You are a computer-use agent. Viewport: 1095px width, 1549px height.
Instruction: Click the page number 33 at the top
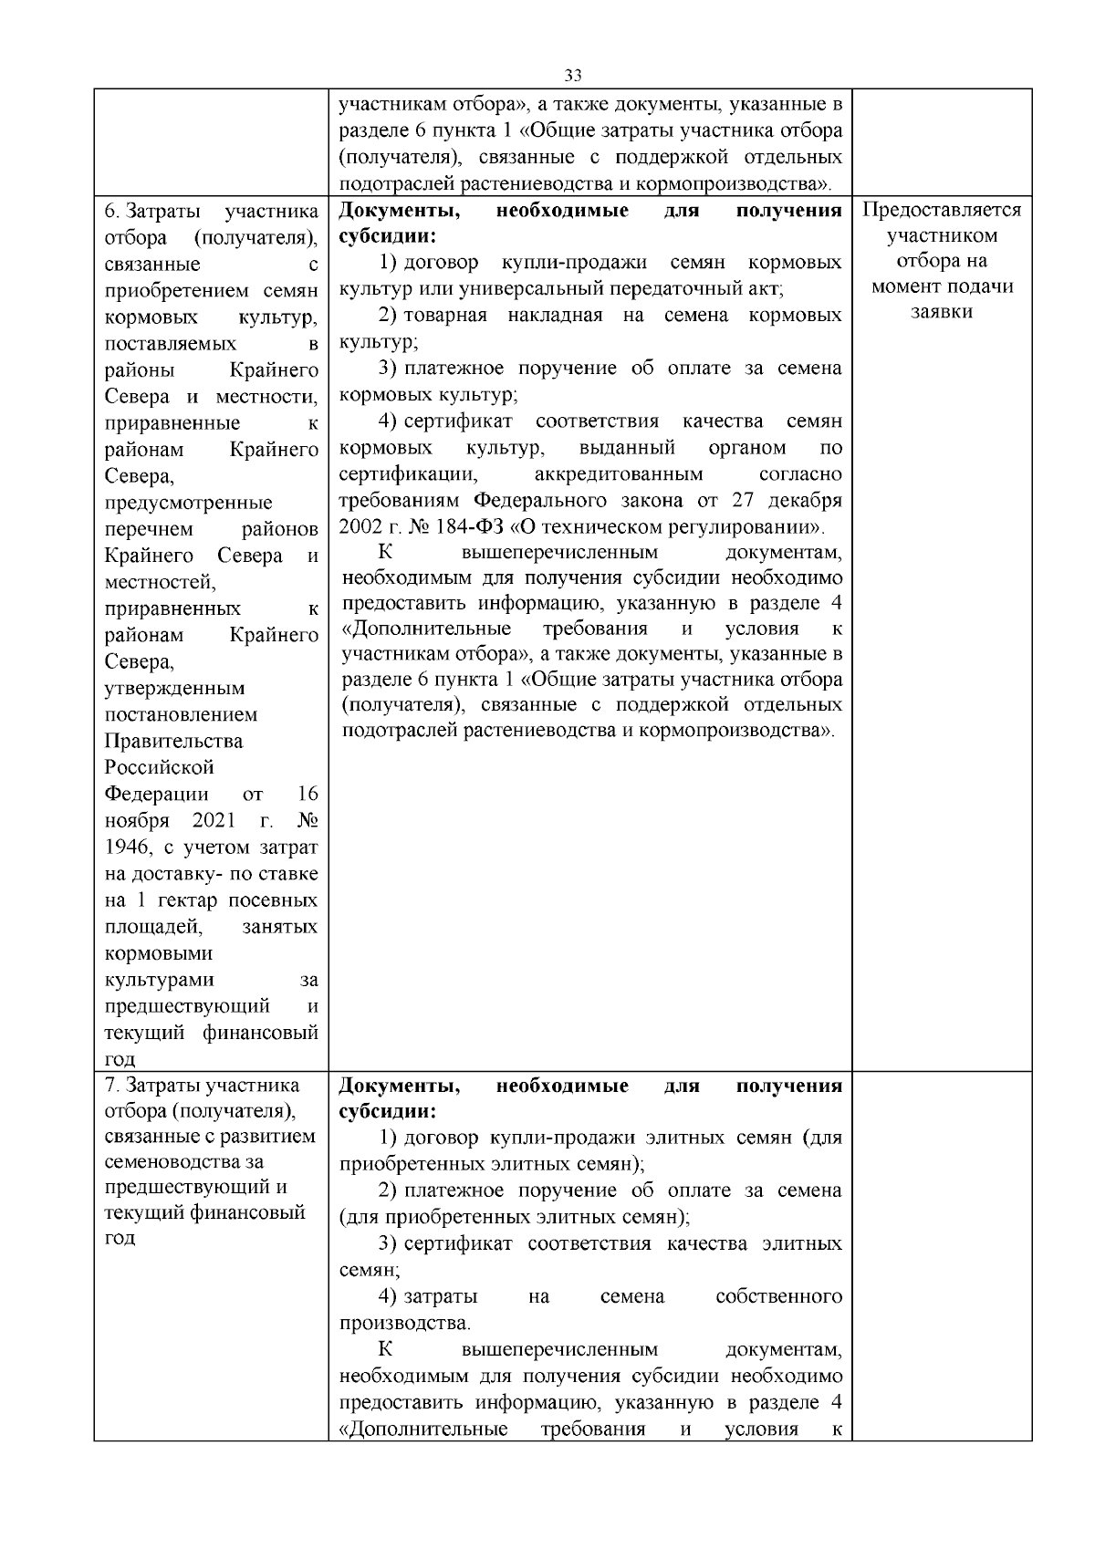pos(573,75)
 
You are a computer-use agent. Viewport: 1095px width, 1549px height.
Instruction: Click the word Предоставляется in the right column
pos(942,210)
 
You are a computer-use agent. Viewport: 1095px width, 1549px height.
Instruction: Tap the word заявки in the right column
pos(942,312)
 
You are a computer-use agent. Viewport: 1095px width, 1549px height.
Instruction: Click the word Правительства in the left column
pos(173,741)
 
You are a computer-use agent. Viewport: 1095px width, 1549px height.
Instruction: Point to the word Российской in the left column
pos(159,767)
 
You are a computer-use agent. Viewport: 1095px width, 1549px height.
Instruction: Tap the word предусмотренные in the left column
pos(188,503)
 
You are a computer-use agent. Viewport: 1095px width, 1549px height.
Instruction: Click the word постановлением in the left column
pos(181,714)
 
